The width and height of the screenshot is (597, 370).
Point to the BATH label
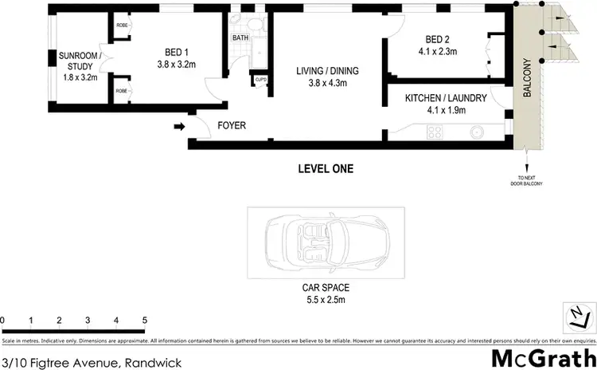click(x=240, y=38)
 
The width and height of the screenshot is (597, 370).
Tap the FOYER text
click(x=232, y=125)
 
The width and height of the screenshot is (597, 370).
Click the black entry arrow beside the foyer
click(x=181, y=125)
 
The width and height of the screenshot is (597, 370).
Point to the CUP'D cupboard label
click(x=260, y=79)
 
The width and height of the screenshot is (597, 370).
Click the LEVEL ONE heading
click(x=326, y=168)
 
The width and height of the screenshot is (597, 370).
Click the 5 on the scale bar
click(x=145, y=320)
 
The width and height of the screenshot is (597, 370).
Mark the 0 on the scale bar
click(x=3, y=320)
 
